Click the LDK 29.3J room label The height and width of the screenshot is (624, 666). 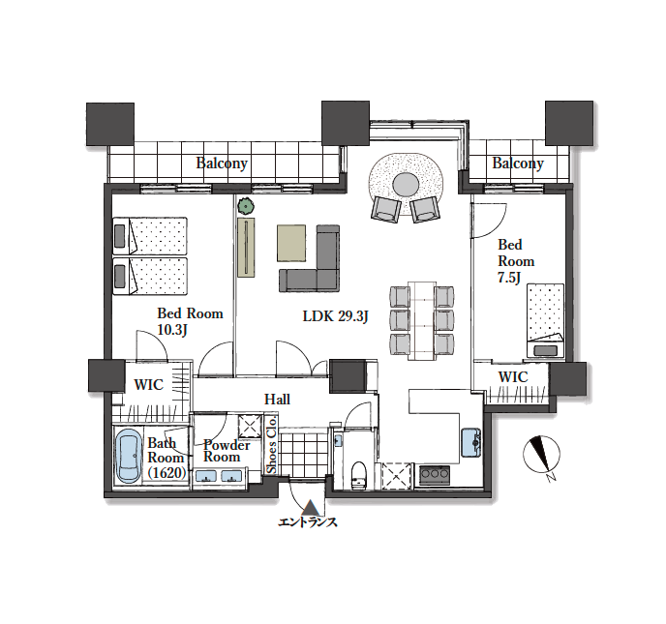tap(335, 316)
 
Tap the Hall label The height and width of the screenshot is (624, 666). tap(277, 399)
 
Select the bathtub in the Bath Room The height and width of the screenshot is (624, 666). tap(129, 456)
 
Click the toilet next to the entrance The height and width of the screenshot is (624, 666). tap(359, 475)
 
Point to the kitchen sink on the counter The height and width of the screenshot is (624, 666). tap(471, 443)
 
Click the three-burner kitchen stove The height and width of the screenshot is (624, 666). tap(435, 475)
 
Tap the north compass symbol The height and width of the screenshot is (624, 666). tap(541, 455)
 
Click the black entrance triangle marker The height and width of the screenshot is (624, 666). tap(312, 506)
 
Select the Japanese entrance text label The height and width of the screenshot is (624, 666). tap(308, 521)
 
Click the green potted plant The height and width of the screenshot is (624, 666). tap(246, 207)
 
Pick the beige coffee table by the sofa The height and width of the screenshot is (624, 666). tap(291, 243)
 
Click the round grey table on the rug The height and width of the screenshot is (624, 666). tap(406, 185)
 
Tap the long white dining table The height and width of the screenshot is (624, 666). tap(422, 320)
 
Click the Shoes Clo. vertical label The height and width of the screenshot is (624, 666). tap(271, 445)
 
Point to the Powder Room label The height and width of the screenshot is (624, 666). tap(227, 451)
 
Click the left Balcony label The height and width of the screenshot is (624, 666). tap(222, 163)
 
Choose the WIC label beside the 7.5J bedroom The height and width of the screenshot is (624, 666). tap(513, 377)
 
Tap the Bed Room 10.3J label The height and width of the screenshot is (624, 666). tap(190, 321)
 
